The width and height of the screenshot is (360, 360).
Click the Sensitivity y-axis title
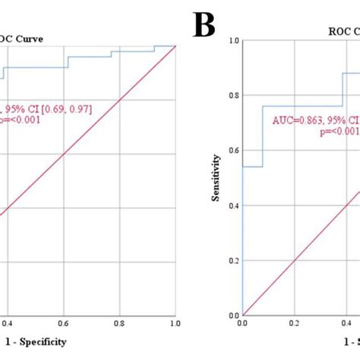tap(216, 178)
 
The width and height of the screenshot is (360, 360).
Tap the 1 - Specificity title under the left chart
tap(34, 342)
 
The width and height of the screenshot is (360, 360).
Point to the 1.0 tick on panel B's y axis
tap(233, 40)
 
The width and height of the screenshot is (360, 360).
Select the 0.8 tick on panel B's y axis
tap(233, 96)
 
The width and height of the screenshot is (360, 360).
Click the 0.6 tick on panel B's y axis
tap(233, 150)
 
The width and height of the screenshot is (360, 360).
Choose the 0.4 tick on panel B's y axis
tap(233, 206)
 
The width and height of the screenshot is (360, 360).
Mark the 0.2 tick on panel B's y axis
tap(233, 261)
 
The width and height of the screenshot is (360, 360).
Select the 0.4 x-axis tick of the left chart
tap(7, 324)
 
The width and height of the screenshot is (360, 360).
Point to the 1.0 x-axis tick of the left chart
tap(175, 324)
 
